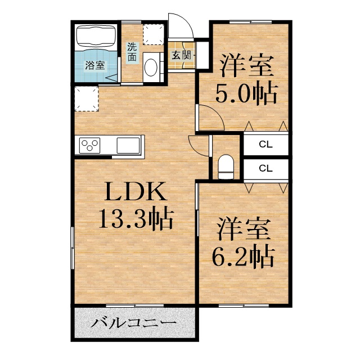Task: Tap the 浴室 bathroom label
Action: [x=95, y=66]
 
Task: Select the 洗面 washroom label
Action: [x=132, y=52]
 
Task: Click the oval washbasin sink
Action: [x=151, y=67]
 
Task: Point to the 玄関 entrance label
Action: [x=182, y=55]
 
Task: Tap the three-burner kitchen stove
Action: [x=90, y=145]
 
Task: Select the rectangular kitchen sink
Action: [x=128, y=145]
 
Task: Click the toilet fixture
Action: [x=226, y=166]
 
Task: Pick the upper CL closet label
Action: [x=265, y=145]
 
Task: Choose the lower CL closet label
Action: [x=265, y=169]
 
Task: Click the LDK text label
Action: [x=136, y=192]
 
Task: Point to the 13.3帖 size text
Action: [x=136, y=219]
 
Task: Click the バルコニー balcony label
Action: [x=134, y=323]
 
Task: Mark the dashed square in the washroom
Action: [x=154, y=34]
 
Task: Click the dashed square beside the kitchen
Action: [x=87, y=99]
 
